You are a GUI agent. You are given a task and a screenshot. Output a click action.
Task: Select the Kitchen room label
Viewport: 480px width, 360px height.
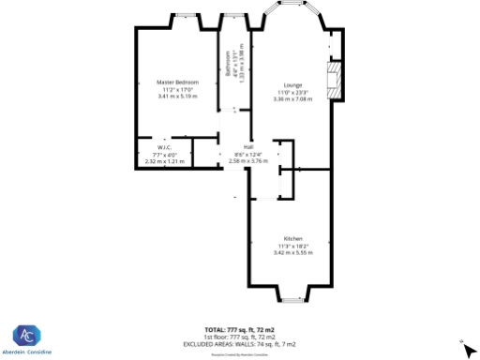[293, 238]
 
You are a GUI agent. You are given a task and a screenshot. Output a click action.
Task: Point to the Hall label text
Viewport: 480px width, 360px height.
[248, 147]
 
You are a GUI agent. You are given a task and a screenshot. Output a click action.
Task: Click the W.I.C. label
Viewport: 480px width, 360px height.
[164, 149]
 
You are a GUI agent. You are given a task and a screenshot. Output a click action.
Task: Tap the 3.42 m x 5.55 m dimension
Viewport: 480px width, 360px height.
[293, 252]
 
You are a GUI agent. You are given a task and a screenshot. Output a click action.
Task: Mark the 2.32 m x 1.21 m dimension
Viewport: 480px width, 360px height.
[164, 162]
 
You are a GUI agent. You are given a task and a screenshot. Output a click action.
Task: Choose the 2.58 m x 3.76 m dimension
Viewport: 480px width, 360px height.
[248, 161]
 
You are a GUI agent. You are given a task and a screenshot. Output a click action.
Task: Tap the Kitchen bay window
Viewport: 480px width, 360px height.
[292, 302]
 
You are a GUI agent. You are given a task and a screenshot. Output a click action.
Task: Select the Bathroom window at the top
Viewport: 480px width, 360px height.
[233, 15]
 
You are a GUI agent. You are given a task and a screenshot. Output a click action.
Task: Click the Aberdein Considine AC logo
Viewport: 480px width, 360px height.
[25, 336]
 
